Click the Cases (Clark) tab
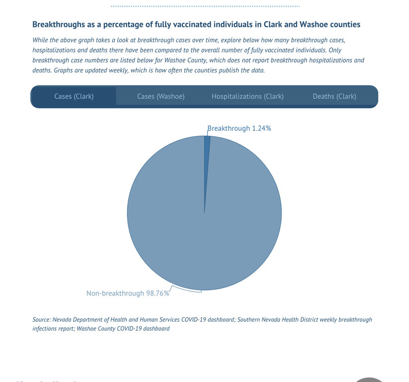(x=74, y=96)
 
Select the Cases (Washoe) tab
(x=161, y=96)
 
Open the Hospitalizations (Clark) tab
(x=247, y=96)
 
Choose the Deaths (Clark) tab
(x=334, y=96)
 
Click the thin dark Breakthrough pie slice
(x=207, y=149)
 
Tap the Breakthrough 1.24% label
(x=239, y=128)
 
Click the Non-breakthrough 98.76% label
(x=128, y=293)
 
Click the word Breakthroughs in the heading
(x=56, y=24)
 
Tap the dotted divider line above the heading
(x=205, y=6)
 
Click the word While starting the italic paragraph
(x=41, y=40)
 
